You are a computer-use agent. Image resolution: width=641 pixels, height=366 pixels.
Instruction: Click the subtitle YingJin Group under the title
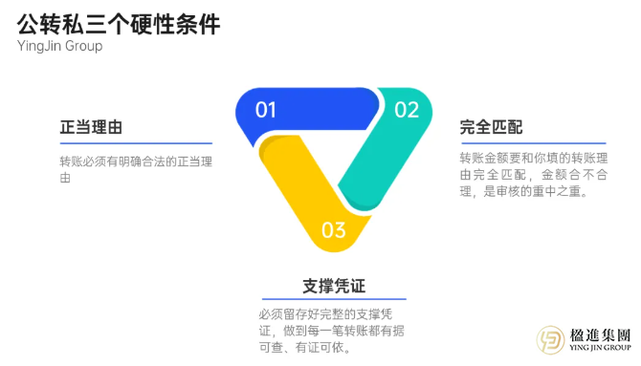pos(59,46)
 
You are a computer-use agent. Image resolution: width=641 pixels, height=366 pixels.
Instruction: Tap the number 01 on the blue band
pos(266,109)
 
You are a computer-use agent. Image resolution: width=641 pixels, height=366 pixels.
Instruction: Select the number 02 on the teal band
pos(407,109)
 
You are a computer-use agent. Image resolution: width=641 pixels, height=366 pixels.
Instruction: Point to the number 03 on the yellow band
pos(333,229)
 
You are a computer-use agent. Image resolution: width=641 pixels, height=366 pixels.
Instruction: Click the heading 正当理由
pos(91,127)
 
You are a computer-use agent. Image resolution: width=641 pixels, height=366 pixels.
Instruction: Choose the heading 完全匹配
pos(491,127)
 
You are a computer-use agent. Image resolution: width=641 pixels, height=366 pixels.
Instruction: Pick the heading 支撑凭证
pos(335,286)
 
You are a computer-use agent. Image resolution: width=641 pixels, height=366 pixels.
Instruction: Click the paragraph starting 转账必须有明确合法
pos(135,169)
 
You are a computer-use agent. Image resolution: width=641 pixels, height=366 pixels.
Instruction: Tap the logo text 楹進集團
pos(600,335)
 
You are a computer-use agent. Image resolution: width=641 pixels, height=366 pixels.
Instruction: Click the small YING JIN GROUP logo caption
pos(600,350)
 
